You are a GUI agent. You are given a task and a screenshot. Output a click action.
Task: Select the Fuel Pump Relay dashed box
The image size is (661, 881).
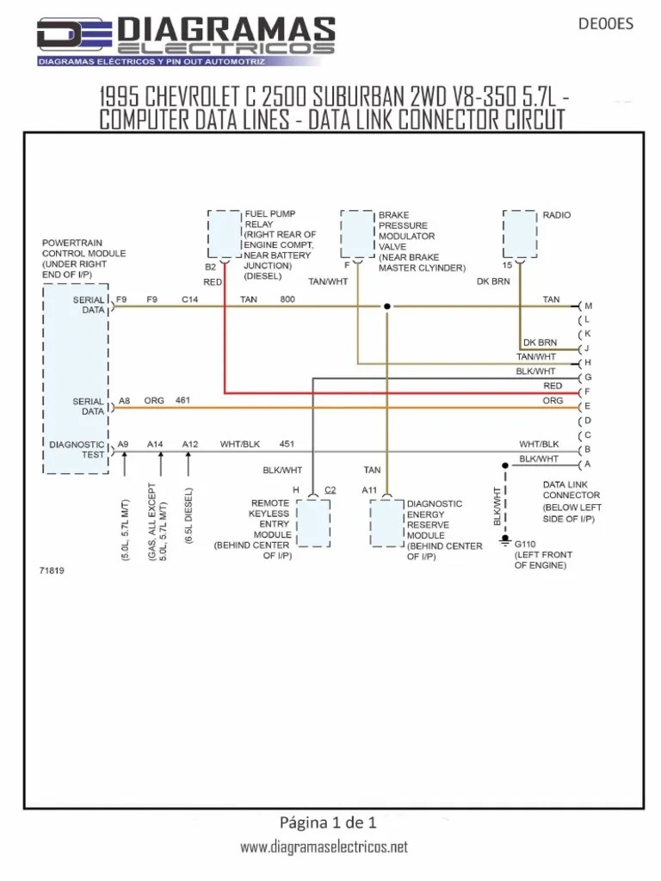pos(224,231)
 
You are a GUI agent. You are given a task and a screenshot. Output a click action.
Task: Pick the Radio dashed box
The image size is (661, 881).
pos(520,231)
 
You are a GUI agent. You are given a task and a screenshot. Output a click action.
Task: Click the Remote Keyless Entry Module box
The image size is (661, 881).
pos(312,522)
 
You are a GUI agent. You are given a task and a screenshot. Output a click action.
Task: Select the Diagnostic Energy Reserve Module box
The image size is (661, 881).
pos(386,522)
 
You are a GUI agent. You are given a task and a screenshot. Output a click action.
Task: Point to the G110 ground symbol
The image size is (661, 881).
pos(505,542)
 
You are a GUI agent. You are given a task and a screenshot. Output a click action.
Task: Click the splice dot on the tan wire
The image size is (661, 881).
pos(386,306)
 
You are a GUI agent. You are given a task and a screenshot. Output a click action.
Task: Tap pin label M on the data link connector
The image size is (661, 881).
pos(589,306)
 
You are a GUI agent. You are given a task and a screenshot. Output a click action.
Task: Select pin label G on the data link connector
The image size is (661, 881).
pos(588,378)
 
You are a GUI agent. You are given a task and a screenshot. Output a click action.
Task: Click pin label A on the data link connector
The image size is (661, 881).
pos(588,465)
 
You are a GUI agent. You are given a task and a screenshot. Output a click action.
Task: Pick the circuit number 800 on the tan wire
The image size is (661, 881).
pos(287,299)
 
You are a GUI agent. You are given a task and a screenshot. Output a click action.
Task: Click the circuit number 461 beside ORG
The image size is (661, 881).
pos(182,401)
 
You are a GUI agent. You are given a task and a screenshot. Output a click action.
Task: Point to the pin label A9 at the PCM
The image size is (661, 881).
pos(123,444)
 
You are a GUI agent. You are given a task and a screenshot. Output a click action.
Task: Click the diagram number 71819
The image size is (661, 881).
pos(52,570)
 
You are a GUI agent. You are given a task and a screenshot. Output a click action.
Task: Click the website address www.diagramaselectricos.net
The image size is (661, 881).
pos(324,847)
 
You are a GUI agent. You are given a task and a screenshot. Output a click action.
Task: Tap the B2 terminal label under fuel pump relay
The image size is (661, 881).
pos(210,267)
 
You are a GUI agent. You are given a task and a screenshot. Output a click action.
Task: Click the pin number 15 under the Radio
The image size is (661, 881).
pos(508,266)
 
